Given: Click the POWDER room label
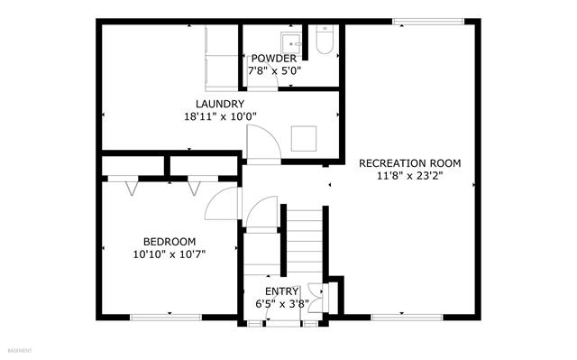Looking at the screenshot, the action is click(274, 59).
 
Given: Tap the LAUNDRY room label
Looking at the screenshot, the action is click(220, 104).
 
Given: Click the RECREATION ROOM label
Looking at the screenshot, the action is click(409, 163).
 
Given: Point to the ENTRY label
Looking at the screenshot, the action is click(281, 291).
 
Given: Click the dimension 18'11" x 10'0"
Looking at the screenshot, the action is click(220, 116).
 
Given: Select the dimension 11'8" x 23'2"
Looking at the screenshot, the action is click(409, 176).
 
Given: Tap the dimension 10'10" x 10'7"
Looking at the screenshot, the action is click(169, 254).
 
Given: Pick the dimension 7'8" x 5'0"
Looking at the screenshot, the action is click(274, 70).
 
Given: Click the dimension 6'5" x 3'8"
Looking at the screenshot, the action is click(282, 304).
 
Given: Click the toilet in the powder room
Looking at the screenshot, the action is click(325, 40).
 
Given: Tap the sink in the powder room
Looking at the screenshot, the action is click(291, 43).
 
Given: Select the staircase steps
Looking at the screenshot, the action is click(305, 241).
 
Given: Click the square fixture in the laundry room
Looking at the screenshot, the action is click(304, 138).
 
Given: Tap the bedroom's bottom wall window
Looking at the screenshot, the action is click(166, 318).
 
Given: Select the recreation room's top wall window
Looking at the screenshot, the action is click(428, 22).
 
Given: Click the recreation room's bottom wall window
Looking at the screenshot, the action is click(407, 318).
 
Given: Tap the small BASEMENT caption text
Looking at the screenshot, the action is click(20, 351).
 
